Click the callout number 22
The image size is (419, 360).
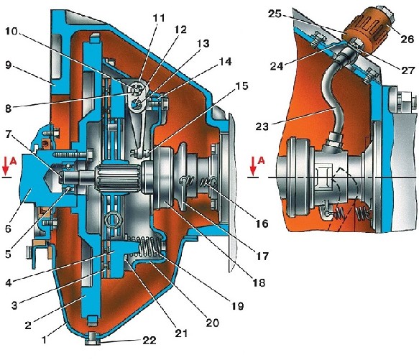point(149,340)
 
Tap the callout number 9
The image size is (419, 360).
point(9,65)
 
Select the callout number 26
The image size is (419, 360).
point(407,39)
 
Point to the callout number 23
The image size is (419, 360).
point(262,126)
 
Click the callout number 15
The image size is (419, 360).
point(241,86)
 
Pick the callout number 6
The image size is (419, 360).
point(9,228)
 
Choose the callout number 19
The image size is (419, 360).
point(237,305)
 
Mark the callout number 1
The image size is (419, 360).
point(44,340)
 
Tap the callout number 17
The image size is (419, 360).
point(262,256)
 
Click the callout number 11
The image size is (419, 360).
point(159,18)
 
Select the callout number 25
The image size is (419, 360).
point(275,14)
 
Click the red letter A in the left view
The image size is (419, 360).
point(12,160)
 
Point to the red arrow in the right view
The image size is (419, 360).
point(253,167)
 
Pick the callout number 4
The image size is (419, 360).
point(9,282)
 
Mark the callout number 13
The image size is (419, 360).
point(203,43)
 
